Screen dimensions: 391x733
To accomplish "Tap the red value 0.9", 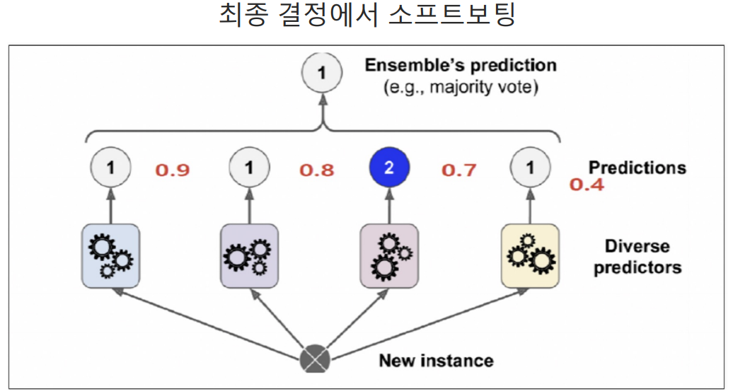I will tap(173, 170).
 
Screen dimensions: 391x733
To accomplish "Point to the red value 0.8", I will tap(316, 170).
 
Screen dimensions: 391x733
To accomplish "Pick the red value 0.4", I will tap(587, 186).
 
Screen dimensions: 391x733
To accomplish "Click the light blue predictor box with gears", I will tap(110, 255).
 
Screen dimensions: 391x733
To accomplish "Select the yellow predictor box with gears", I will tap(530, 255).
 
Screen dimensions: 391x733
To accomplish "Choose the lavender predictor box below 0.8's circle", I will tap(250, 255).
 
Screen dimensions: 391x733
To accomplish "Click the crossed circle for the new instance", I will tap(316, 359).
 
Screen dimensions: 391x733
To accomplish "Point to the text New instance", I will tap(436, 361).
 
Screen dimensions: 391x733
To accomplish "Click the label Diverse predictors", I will tap(637, 257).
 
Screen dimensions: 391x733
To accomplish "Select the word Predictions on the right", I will tap(637, 168).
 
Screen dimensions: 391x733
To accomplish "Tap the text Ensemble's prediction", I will tap(461, 66).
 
